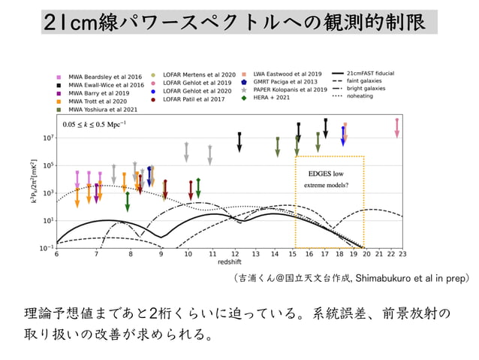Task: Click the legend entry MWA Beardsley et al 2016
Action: pyautogui.click(x=95, y=77)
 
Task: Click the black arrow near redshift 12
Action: pyautogui.click(x=239, y=141)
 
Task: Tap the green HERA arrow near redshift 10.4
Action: pyautogui.click(x=198, y=186)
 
